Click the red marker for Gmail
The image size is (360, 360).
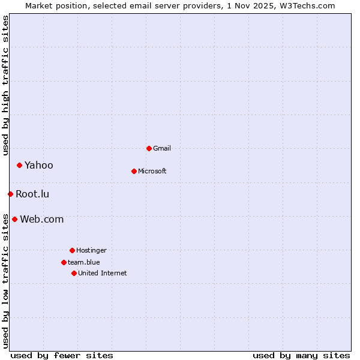coord(149,148)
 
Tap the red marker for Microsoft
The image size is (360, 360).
coord(134,171)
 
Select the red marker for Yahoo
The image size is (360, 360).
coord(19,165)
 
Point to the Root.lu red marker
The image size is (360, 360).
coord(10,194)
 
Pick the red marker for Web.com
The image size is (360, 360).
coord(14,219)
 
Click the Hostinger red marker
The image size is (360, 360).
coord(72,250)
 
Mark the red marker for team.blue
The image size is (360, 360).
coord(64,262)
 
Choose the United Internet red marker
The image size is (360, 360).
coord(74,273)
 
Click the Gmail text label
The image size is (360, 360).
coord(162,148)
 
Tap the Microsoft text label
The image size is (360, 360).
coord(152,171)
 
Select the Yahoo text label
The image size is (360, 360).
coord(39,165)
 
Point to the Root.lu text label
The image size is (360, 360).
coord(32,194)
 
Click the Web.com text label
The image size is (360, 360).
coord(41,219)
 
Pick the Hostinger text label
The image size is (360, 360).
coord(91,250)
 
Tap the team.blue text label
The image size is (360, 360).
coord(84,262)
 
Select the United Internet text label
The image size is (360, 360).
coord(103,273)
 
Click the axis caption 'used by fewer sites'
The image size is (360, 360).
coord(62,355)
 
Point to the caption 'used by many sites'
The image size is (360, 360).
coord(301,355)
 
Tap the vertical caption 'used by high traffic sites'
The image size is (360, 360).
coord(5,85)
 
